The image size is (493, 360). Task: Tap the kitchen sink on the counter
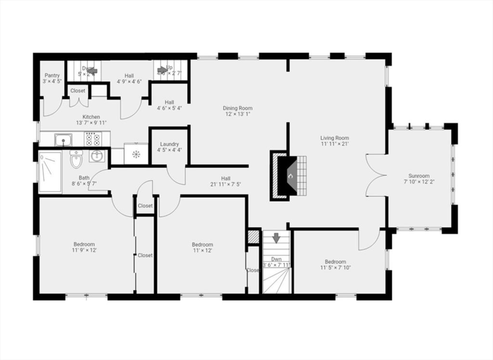pos(63,140)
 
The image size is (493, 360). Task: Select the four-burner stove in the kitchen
pos(92,139)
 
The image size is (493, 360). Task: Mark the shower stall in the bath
pos(50,172)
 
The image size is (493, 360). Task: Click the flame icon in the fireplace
pos(290,176)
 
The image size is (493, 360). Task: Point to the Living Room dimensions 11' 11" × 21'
pos(334,144)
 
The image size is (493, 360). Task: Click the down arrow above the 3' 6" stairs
pos(276,238)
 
